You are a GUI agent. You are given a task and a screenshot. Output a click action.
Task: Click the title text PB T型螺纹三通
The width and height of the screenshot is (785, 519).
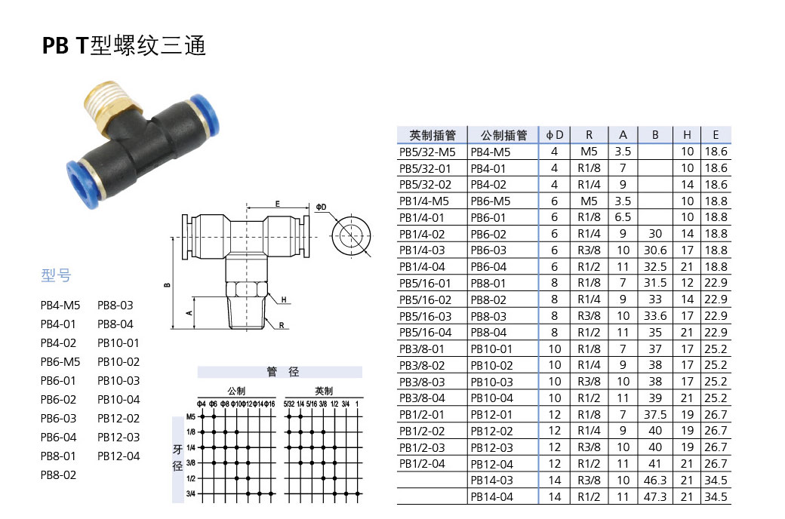coord(125,46)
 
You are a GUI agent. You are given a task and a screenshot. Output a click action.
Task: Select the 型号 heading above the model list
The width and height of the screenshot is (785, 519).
coord(56,276)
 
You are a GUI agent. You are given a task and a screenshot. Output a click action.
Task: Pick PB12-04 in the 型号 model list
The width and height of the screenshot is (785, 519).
coord(119,456)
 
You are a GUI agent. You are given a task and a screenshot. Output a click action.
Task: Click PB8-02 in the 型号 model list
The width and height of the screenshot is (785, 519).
coord(58,474)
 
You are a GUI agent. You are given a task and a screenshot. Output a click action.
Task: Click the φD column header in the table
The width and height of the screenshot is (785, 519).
coord(555,135)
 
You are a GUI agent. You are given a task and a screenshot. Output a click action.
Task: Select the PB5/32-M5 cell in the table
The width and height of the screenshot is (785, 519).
coord(427,152)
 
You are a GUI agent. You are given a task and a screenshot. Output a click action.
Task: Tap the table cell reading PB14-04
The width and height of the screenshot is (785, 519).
coord(491,496)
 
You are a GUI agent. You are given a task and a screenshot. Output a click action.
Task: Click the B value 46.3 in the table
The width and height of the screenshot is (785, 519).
coord(655,480)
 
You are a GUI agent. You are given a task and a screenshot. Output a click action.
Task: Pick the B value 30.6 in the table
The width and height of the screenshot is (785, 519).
coord(655,250)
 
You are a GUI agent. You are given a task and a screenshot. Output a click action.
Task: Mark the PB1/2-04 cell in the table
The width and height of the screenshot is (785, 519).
coord(422,463)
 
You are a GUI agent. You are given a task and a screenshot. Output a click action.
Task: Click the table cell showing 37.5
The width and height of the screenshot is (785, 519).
coord(655,414)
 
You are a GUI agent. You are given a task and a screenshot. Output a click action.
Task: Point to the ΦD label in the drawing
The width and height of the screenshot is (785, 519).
coord(322,206)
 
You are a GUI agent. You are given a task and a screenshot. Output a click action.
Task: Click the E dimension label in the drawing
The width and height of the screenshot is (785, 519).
coord(277,204)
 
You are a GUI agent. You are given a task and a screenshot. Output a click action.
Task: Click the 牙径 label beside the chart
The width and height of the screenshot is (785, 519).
coord(178,458)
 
